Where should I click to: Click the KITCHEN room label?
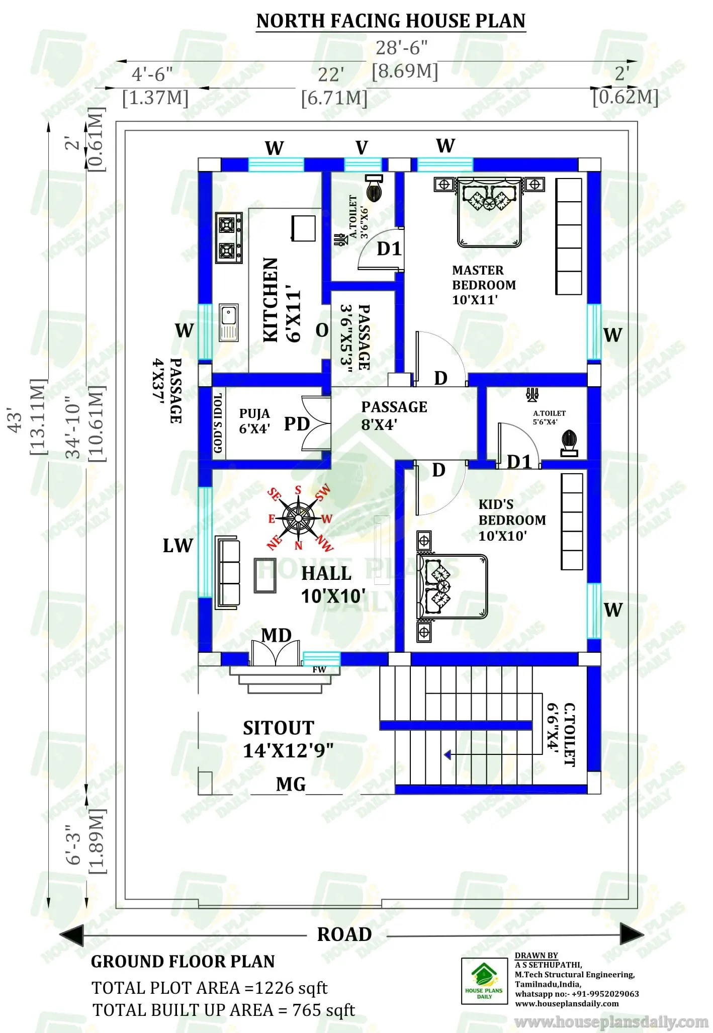click(x=271, y=300)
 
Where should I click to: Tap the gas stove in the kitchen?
click(x=229, y=238)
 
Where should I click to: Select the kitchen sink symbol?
click(x=229, y=322)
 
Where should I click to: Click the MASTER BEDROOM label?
click(x=484, y=285)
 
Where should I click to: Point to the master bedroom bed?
click(x=489, y=213)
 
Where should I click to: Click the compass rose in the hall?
click(x=298, y=518)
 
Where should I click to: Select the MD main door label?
click(x=276, y=635)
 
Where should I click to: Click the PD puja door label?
click(x=297, y=424)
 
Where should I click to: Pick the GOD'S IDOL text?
click(x=218, y=423)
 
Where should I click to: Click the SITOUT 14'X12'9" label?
click(x=288, y=739)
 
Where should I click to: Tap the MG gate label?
click(x=291, y=784)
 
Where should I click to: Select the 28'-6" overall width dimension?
click(x=401, y=48)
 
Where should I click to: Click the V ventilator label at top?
click(x=362, y=148)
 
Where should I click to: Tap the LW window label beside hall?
click(x=177, y=546)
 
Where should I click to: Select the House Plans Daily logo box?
click(x=484, y=981)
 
